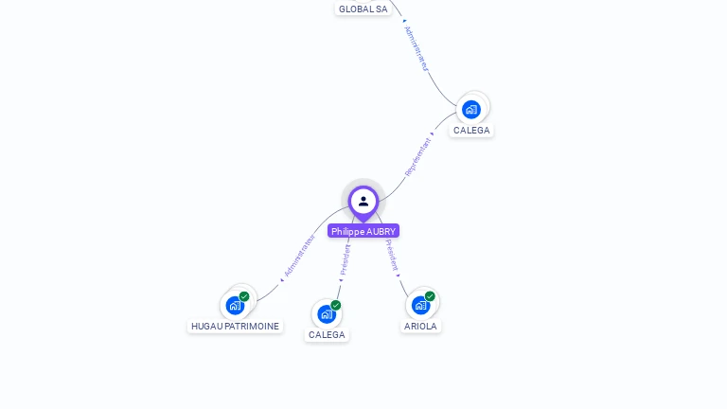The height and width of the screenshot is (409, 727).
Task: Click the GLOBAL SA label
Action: (363, 9)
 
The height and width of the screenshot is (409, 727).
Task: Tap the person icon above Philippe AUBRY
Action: (363, 201)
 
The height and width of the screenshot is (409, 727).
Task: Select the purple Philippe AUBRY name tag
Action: (363, 231)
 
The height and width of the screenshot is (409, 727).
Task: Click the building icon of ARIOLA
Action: (420, 305)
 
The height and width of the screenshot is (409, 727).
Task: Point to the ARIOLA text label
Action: (420, 326)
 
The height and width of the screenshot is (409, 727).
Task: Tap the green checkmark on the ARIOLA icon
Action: (430, 296)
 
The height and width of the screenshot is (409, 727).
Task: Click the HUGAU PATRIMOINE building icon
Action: (235, 305)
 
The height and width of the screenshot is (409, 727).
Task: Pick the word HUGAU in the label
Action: (207, 326)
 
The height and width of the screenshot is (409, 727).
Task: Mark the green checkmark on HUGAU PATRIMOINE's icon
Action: (244, 296)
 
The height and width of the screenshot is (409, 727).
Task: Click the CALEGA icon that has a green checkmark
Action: (327, 313)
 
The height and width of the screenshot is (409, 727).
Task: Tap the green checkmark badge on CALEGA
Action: (336, 305)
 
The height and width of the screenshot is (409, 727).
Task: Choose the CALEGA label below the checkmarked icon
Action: (327, 334)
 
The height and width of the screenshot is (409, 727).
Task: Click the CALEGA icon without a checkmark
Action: (471, 109)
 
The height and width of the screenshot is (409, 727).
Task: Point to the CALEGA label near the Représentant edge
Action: (471, 130)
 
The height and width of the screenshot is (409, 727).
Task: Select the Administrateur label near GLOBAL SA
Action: (417, 48)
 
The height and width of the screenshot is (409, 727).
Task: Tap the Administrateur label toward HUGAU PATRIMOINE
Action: (299, 256)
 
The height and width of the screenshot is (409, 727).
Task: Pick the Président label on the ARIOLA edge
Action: (392, 255)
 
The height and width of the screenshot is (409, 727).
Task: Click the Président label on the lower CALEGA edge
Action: (346, 259)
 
